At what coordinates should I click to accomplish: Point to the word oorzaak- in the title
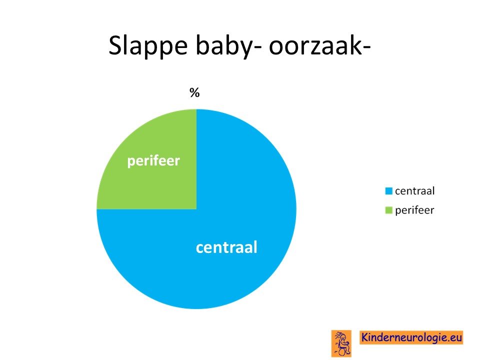pos(320,46)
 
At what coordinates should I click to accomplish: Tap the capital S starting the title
pos(115,45)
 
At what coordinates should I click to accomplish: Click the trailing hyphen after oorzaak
pos(366,48)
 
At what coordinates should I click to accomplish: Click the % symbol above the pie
pos(194,92)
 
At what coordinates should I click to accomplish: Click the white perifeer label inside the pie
pos(153,161)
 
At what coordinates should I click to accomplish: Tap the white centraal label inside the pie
pos(226,247)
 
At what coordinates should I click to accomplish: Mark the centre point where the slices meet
pos(196,209)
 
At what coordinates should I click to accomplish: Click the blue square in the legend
pos(389,191)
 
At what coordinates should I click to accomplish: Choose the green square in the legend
pos(389,210)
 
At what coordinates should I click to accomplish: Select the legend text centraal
pos(415,191)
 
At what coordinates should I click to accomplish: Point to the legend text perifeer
pos(414,210)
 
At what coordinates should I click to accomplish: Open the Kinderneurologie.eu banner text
pos(411,337)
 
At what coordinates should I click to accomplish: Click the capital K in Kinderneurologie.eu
pos(365,337)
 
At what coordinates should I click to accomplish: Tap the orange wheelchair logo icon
pos(341,343)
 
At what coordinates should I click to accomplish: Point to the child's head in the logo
pos(343,337)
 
